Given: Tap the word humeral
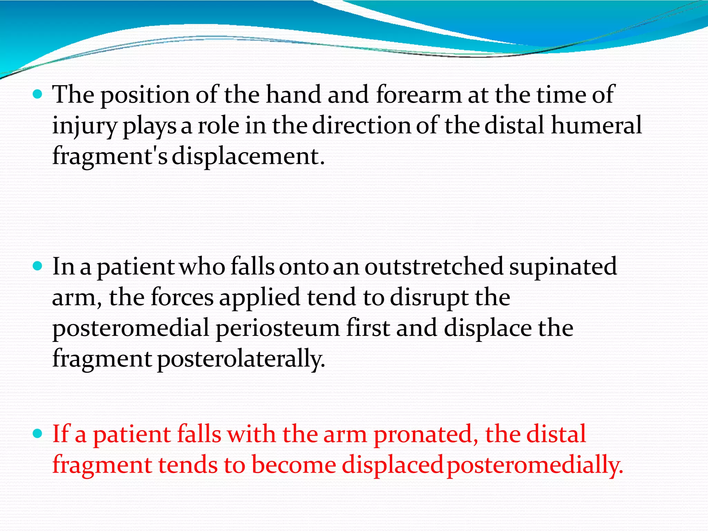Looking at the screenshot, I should [x=596, y=125].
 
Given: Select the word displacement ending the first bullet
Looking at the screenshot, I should [x=248, y=156].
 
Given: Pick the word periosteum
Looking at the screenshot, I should [x=278, y=328].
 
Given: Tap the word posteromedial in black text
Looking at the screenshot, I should [x=131, y=328].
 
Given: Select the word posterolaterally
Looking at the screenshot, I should [x=241, y=359].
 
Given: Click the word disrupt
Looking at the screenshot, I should [x=429, y=297].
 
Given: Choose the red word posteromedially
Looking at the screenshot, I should [x=535, y=465].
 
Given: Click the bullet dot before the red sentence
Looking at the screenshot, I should [x=37, y=433].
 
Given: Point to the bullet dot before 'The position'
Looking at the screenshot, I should [x=37, y=94].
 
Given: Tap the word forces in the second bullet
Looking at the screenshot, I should [x=182, y=297].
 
